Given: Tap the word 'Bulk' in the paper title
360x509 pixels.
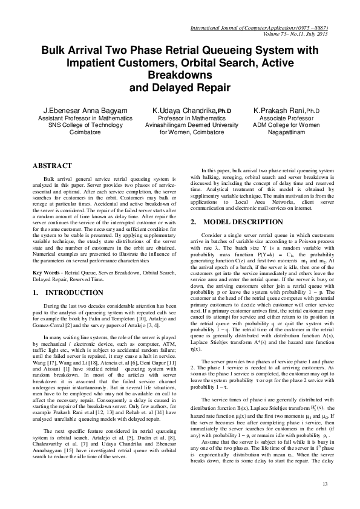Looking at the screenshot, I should click(x=54, y=52).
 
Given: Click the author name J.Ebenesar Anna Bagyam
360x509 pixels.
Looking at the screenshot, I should click(x=64, y=111).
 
